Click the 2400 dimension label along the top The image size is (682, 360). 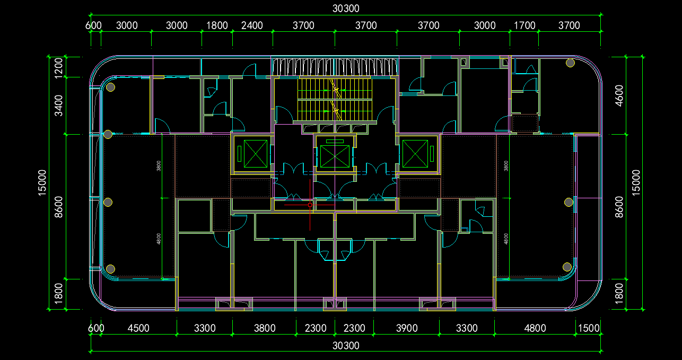(x=252, y=25)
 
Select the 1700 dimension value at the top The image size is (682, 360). (x=525, y=25)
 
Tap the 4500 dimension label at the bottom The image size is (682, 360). (x=138, y=328)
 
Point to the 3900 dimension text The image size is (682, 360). (x=407, y=328)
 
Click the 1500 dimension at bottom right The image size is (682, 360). (x=589, y=328)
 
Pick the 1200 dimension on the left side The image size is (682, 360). (x=58, y=67)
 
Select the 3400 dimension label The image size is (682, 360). (x=58, y=105)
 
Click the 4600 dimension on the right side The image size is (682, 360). (x=619, y=95)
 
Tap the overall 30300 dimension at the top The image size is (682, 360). (x=346, y=8)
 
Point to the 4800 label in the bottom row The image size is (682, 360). (x=535, y=328)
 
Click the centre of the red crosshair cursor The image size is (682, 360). (x=310, y=204)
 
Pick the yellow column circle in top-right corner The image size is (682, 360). (x=570, y=64)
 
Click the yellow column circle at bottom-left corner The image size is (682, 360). (x=111, y=269)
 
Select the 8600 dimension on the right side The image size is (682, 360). (x=619, y=206)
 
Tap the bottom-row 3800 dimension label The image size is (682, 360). (x=265, y=328)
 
